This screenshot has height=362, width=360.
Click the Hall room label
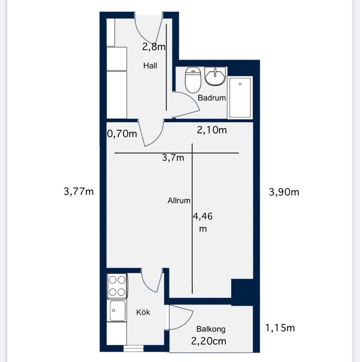click(x=150, y=66)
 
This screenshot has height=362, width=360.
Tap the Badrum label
click(x=212, y=98)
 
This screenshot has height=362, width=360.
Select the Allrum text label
click(x=179, y=200)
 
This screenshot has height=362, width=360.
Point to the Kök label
click(x=143, y=312)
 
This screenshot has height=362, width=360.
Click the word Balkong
click(x=211, y=329)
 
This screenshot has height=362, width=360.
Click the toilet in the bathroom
click(x=193, y=80)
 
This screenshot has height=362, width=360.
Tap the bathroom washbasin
click(x=215, y=77)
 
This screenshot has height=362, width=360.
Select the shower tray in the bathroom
click(x=240, y=98)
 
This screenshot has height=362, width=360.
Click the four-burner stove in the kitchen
click(x=117, y=286)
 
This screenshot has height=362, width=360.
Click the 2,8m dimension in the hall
click(x=154, y=47)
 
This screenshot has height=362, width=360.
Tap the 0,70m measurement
click(x=122, y=134)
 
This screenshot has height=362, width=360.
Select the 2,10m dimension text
click(x=212, y=130)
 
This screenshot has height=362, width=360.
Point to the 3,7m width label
click(x=173, y=158)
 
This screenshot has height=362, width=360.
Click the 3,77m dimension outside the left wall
click(x=79, y=191)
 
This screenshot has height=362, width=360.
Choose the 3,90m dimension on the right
click(x=284, y=192)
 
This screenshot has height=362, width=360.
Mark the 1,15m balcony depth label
click(x=280, y=328)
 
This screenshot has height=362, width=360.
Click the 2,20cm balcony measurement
click(x=208, y=341)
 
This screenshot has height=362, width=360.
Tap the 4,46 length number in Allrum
click(x=203, y=216)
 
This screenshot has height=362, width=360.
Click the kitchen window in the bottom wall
click(x=133, y=349)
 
